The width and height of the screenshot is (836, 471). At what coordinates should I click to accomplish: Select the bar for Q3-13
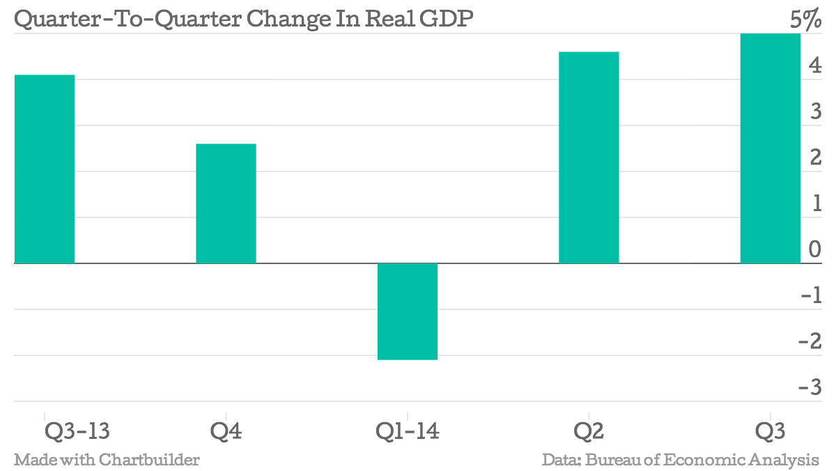point(44,169)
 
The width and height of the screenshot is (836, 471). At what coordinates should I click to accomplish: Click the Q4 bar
point(226,203)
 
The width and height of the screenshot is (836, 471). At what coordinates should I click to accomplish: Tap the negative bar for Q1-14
point(408,311)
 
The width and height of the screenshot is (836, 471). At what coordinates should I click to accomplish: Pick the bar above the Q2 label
point(589,157)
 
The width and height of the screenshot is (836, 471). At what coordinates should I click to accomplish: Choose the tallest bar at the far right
point(770,148)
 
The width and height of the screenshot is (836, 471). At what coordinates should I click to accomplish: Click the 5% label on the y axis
point(805,20)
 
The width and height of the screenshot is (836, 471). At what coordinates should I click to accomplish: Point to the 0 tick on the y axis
point(814,249)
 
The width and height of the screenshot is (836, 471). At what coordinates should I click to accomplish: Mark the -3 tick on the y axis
point(811,387)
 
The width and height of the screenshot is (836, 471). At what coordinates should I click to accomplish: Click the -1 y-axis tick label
point(811,295)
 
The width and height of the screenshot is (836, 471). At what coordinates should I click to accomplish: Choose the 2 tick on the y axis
point(814,157)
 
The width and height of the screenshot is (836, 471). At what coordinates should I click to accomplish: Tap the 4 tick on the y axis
point(814,66)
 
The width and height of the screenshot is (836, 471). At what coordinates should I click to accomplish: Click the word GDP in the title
point(449,20)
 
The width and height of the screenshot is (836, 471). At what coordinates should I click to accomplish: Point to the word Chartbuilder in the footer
point(149,460)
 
